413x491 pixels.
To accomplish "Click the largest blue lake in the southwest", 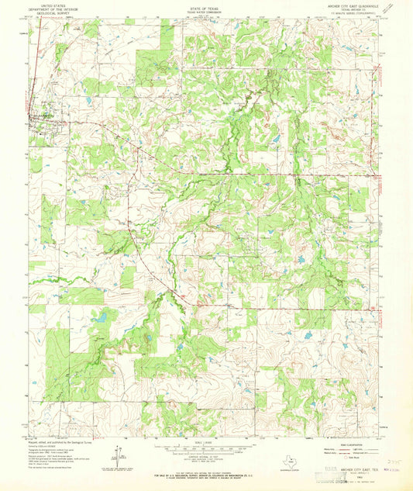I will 101,316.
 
